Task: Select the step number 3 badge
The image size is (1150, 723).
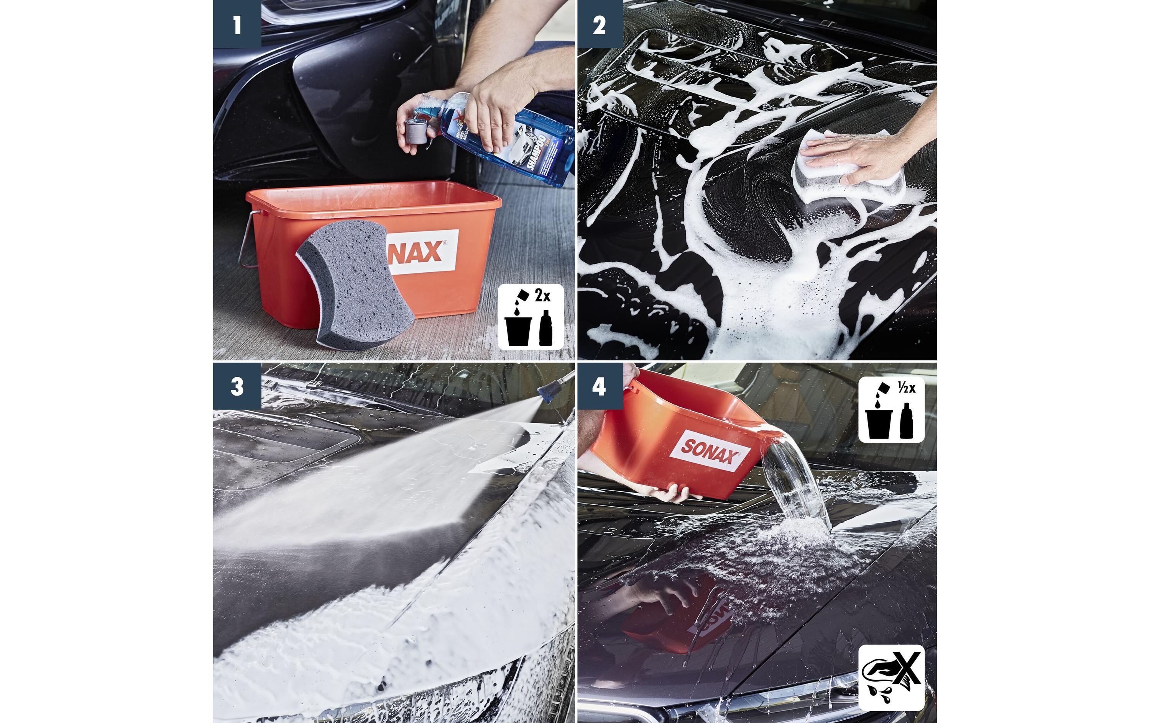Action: click(237, 386)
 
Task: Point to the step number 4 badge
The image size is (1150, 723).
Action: click(600, 386)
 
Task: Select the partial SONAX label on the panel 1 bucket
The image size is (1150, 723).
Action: click(420, 252)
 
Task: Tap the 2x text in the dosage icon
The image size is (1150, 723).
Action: click(542, 296)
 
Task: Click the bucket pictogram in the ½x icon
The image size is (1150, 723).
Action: click(879, 422)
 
